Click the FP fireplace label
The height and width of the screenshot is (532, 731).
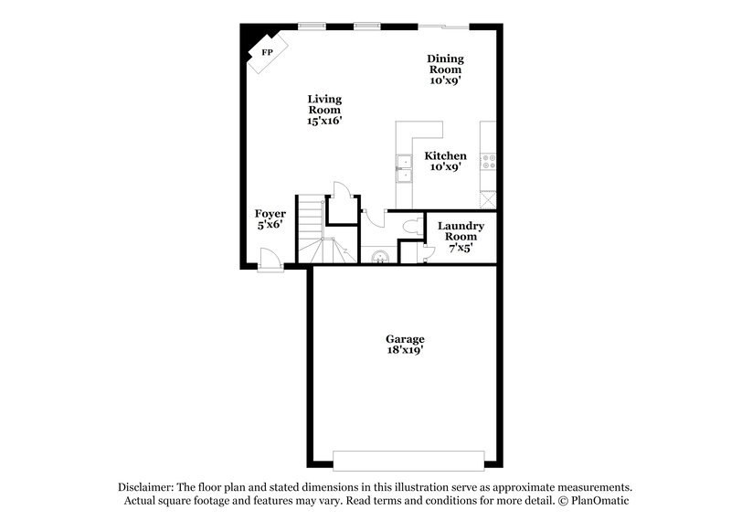(268, 52)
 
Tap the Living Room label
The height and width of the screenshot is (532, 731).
(324, 110)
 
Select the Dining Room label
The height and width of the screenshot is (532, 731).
(445, 69)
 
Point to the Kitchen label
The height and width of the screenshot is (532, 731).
(445, 162)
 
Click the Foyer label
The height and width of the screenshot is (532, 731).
(270, 219)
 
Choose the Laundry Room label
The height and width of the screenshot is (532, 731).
(460, 236)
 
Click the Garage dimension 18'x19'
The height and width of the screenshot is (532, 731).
(405, 349)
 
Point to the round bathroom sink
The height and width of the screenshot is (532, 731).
(380, 255)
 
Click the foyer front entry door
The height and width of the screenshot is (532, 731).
(270, 262)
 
